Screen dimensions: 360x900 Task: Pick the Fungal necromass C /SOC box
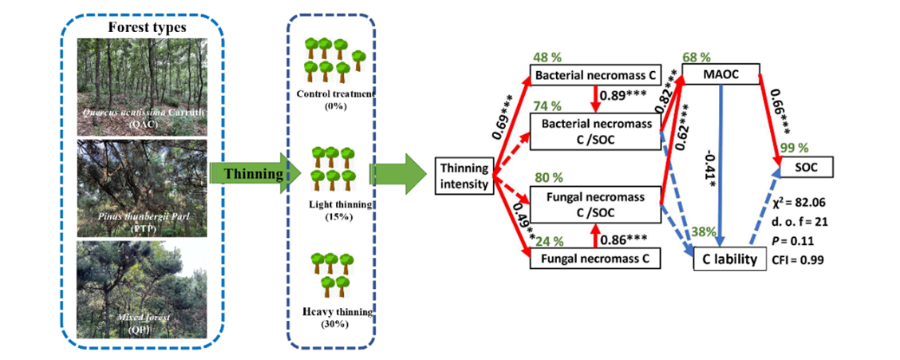point(595,204)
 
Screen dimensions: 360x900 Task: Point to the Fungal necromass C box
point(595,258)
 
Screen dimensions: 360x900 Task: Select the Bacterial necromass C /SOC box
point(595,132)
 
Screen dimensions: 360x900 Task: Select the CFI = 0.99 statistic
point(798,259)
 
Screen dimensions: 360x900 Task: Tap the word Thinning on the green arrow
point(249,172)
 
